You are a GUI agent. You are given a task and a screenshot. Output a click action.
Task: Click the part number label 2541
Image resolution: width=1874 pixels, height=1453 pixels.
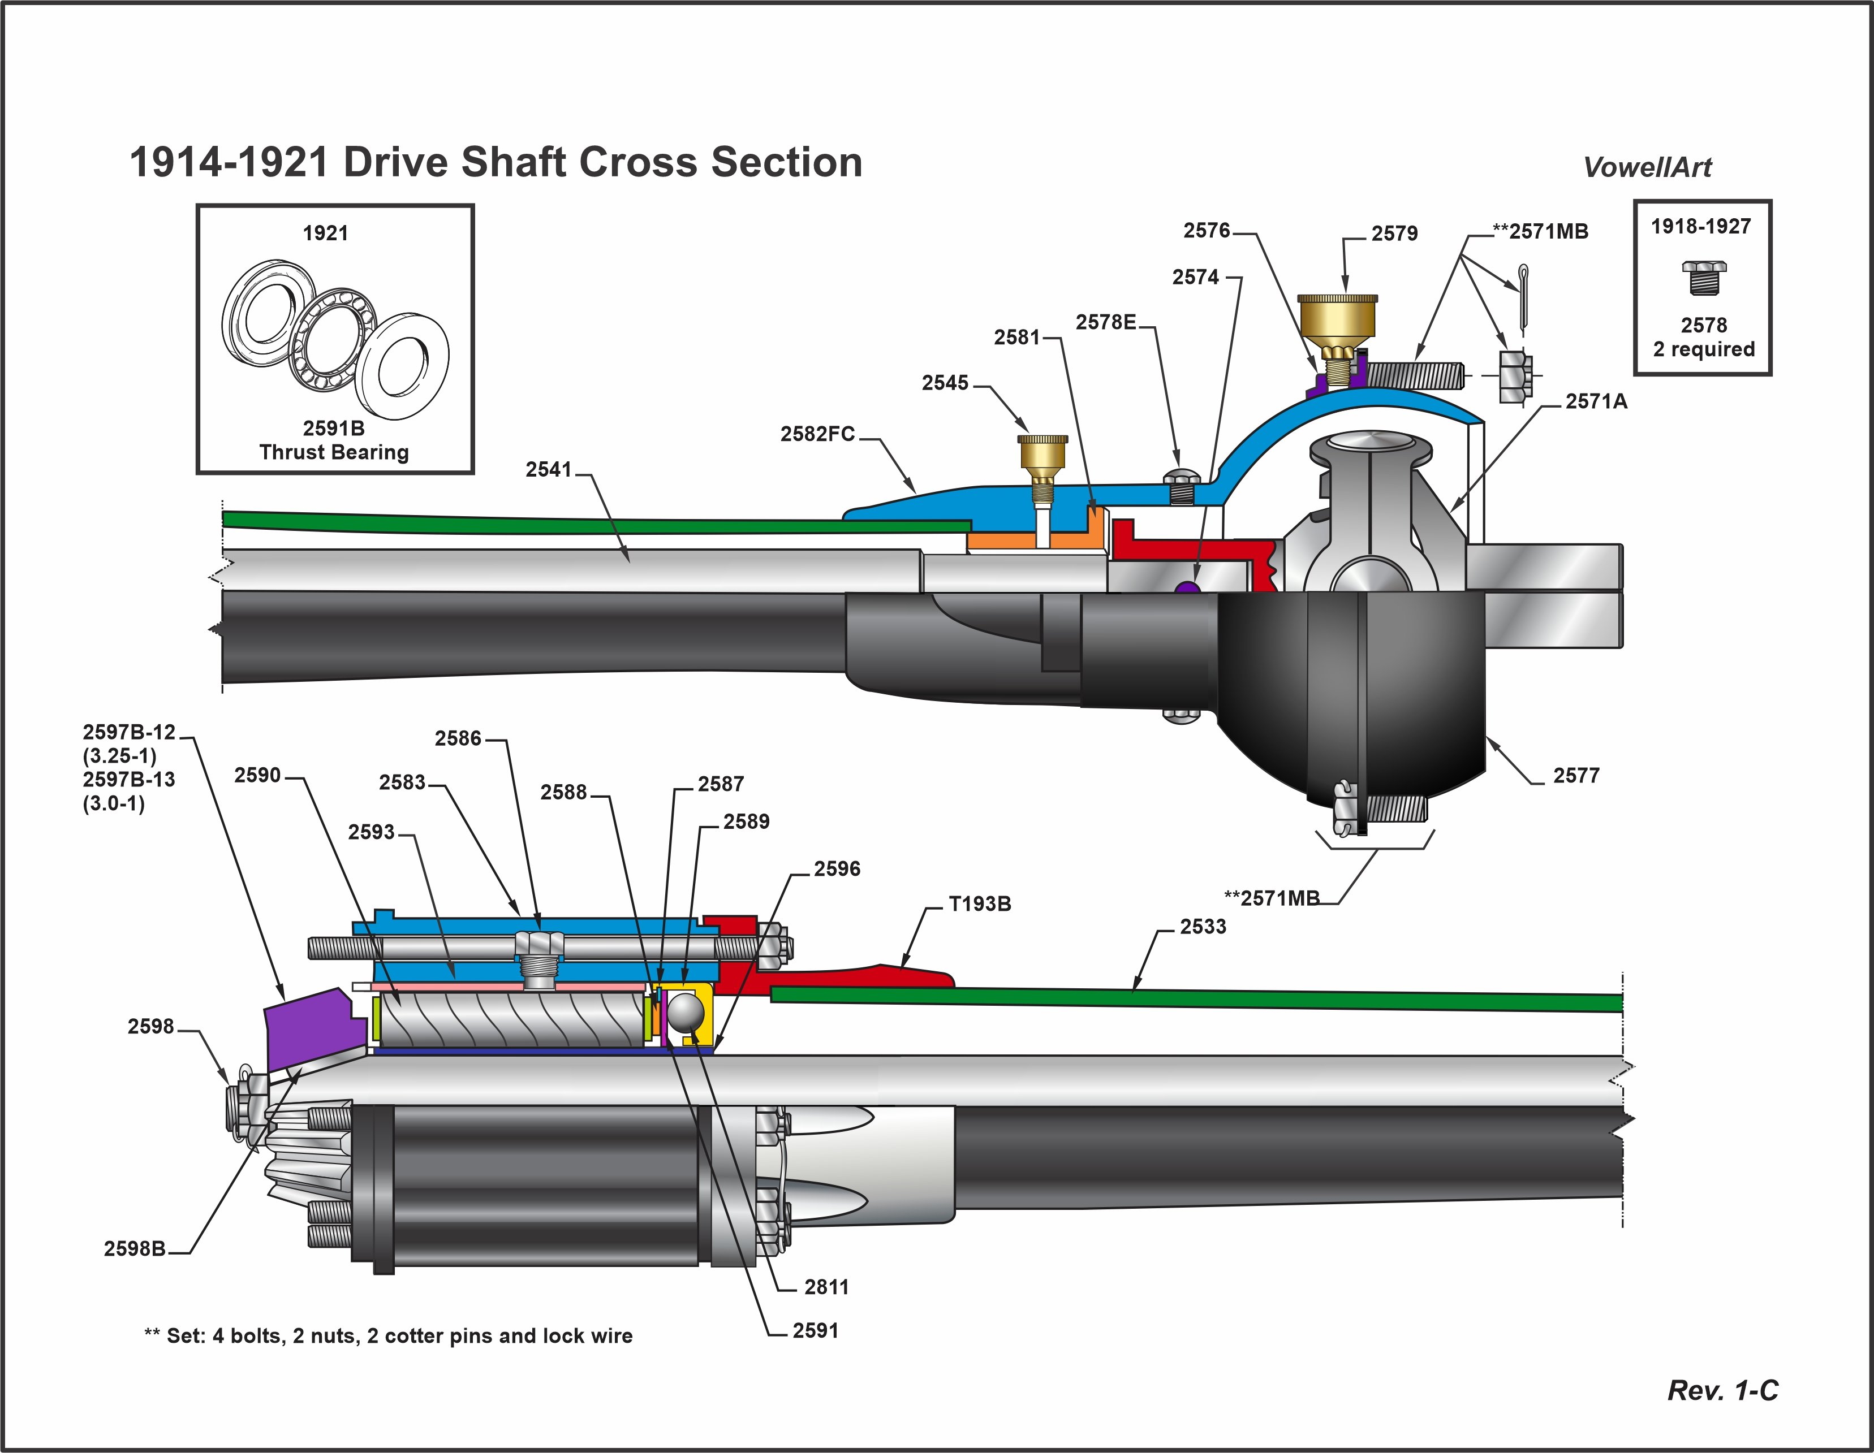point(548,469)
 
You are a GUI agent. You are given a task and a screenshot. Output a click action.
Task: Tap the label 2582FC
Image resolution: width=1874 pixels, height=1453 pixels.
point(817,434)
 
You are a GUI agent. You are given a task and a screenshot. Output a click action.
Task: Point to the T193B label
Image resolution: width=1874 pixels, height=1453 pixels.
point(979,904)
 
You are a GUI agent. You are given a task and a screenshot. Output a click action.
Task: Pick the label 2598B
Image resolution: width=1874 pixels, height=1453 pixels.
point(135,1249)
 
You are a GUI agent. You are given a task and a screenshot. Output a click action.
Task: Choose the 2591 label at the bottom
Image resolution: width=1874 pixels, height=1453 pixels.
point(815,1330)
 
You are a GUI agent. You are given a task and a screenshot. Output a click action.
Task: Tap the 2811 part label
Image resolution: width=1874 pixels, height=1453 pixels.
point(826,1287)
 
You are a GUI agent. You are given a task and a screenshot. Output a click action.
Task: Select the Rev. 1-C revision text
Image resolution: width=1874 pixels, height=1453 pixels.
point(1722,1390)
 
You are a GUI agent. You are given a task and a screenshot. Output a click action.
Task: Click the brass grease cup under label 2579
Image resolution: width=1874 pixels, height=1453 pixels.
point(1336,317)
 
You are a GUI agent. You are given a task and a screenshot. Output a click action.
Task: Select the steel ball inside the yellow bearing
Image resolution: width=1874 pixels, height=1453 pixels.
point(686,1012)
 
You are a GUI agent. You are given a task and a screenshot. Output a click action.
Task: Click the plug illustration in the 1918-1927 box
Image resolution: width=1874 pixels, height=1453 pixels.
point(1703,277)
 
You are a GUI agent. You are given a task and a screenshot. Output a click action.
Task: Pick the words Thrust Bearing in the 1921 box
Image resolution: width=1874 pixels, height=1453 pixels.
point(334,452)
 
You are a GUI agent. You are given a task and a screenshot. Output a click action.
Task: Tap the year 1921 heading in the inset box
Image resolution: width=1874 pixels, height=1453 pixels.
point(325,233)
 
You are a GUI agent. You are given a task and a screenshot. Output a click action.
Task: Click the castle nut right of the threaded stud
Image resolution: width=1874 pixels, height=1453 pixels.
point(1514,375)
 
